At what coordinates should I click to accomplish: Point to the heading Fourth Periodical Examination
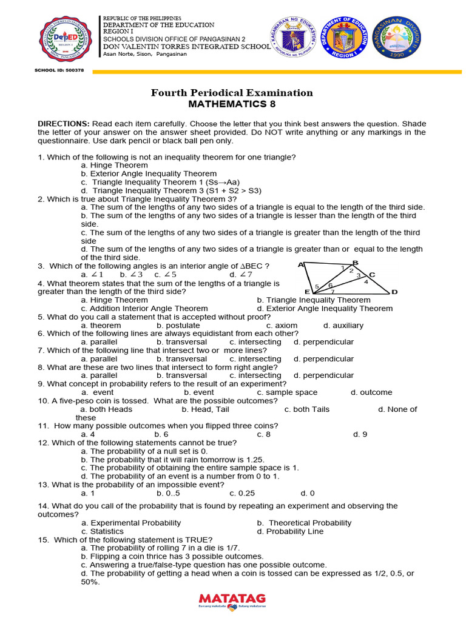pos(232,93)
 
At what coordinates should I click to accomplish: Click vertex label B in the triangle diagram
pos(356,262)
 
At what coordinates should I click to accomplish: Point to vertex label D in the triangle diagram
pos(394,292)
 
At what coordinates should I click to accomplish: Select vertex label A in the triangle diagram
pos(300,265)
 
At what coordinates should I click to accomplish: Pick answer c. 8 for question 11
pos(263,434)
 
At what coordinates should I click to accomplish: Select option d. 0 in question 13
pos(308,493)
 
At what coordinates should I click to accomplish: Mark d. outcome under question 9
pos(371,392)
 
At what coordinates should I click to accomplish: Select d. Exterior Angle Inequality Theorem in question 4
pos(325,308)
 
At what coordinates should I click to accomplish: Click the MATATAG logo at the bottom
pos(232,600)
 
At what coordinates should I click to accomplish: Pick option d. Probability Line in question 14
pos(290,531)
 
